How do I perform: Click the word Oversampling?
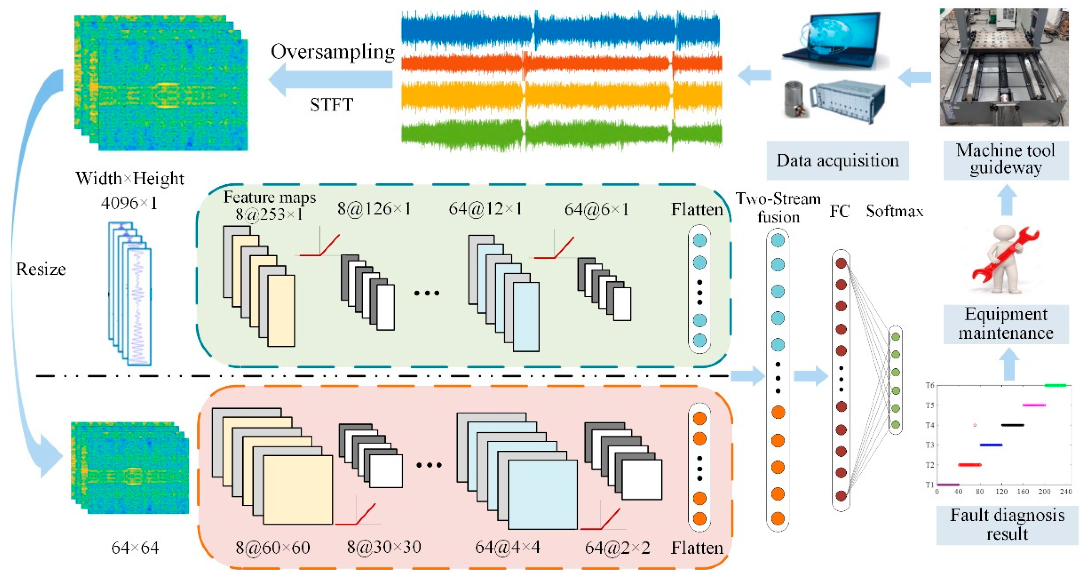coord(332,52)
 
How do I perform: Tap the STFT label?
coord(331,105)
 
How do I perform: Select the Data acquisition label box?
coord(837,161)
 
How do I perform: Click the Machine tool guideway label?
coord(1006,159)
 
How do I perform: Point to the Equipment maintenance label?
coord(1006,324)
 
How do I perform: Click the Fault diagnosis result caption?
coord(1007,524)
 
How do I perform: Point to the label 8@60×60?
coord(273,547)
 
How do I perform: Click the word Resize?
coord(41,269)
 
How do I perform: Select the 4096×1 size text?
coord(129,204)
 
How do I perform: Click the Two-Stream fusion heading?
coord(778,207)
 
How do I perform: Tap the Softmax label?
coord(894,211)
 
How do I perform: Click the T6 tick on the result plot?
coord(930,385)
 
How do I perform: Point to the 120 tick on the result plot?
coord(1001,492)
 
